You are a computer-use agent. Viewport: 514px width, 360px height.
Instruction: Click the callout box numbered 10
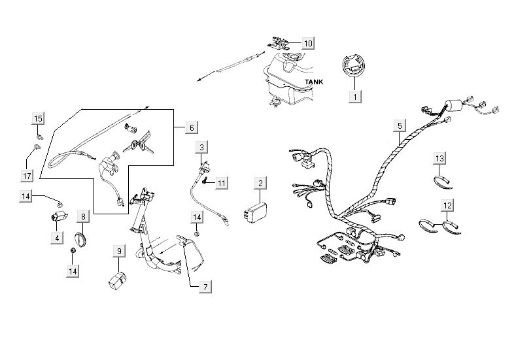pyautogui.click(x=308, y=43)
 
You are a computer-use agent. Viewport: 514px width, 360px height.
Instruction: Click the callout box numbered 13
pyautogui.click(x=440, y=159)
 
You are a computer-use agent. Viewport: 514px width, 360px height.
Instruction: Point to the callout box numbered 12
pyautogui.click(x=447, y=205)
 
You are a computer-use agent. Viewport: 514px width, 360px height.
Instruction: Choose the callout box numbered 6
pyautogui.click(x=192, y=128)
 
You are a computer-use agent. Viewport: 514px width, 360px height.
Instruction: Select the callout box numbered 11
pyautogui.click(x=222, y=183)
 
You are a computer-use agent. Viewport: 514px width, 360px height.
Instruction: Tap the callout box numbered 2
pyautogui.click(x=260, y=183)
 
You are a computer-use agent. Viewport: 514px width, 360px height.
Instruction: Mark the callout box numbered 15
pyautogui.click(x=38, y=118)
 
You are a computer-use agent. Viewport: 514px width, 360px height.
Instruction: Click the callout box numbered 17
pyautogui.click(x=27, y=176)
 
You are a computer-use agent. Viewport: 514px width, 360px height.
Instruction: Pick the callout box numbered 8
pyautogui.click(x=83, y=216)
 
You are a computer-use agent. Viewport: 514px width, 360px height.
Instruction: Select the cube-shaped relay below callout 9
pyautogui.click(x=119, y=279)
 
